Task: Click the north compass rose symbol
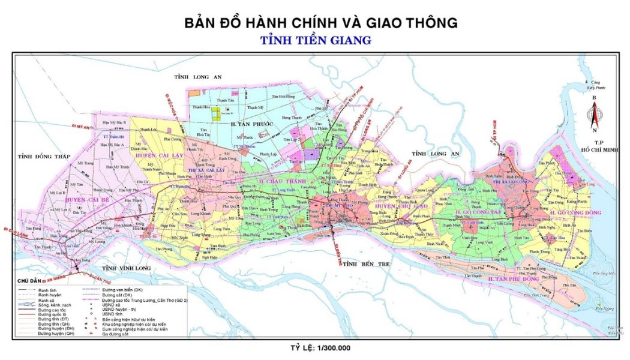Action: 593,114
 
